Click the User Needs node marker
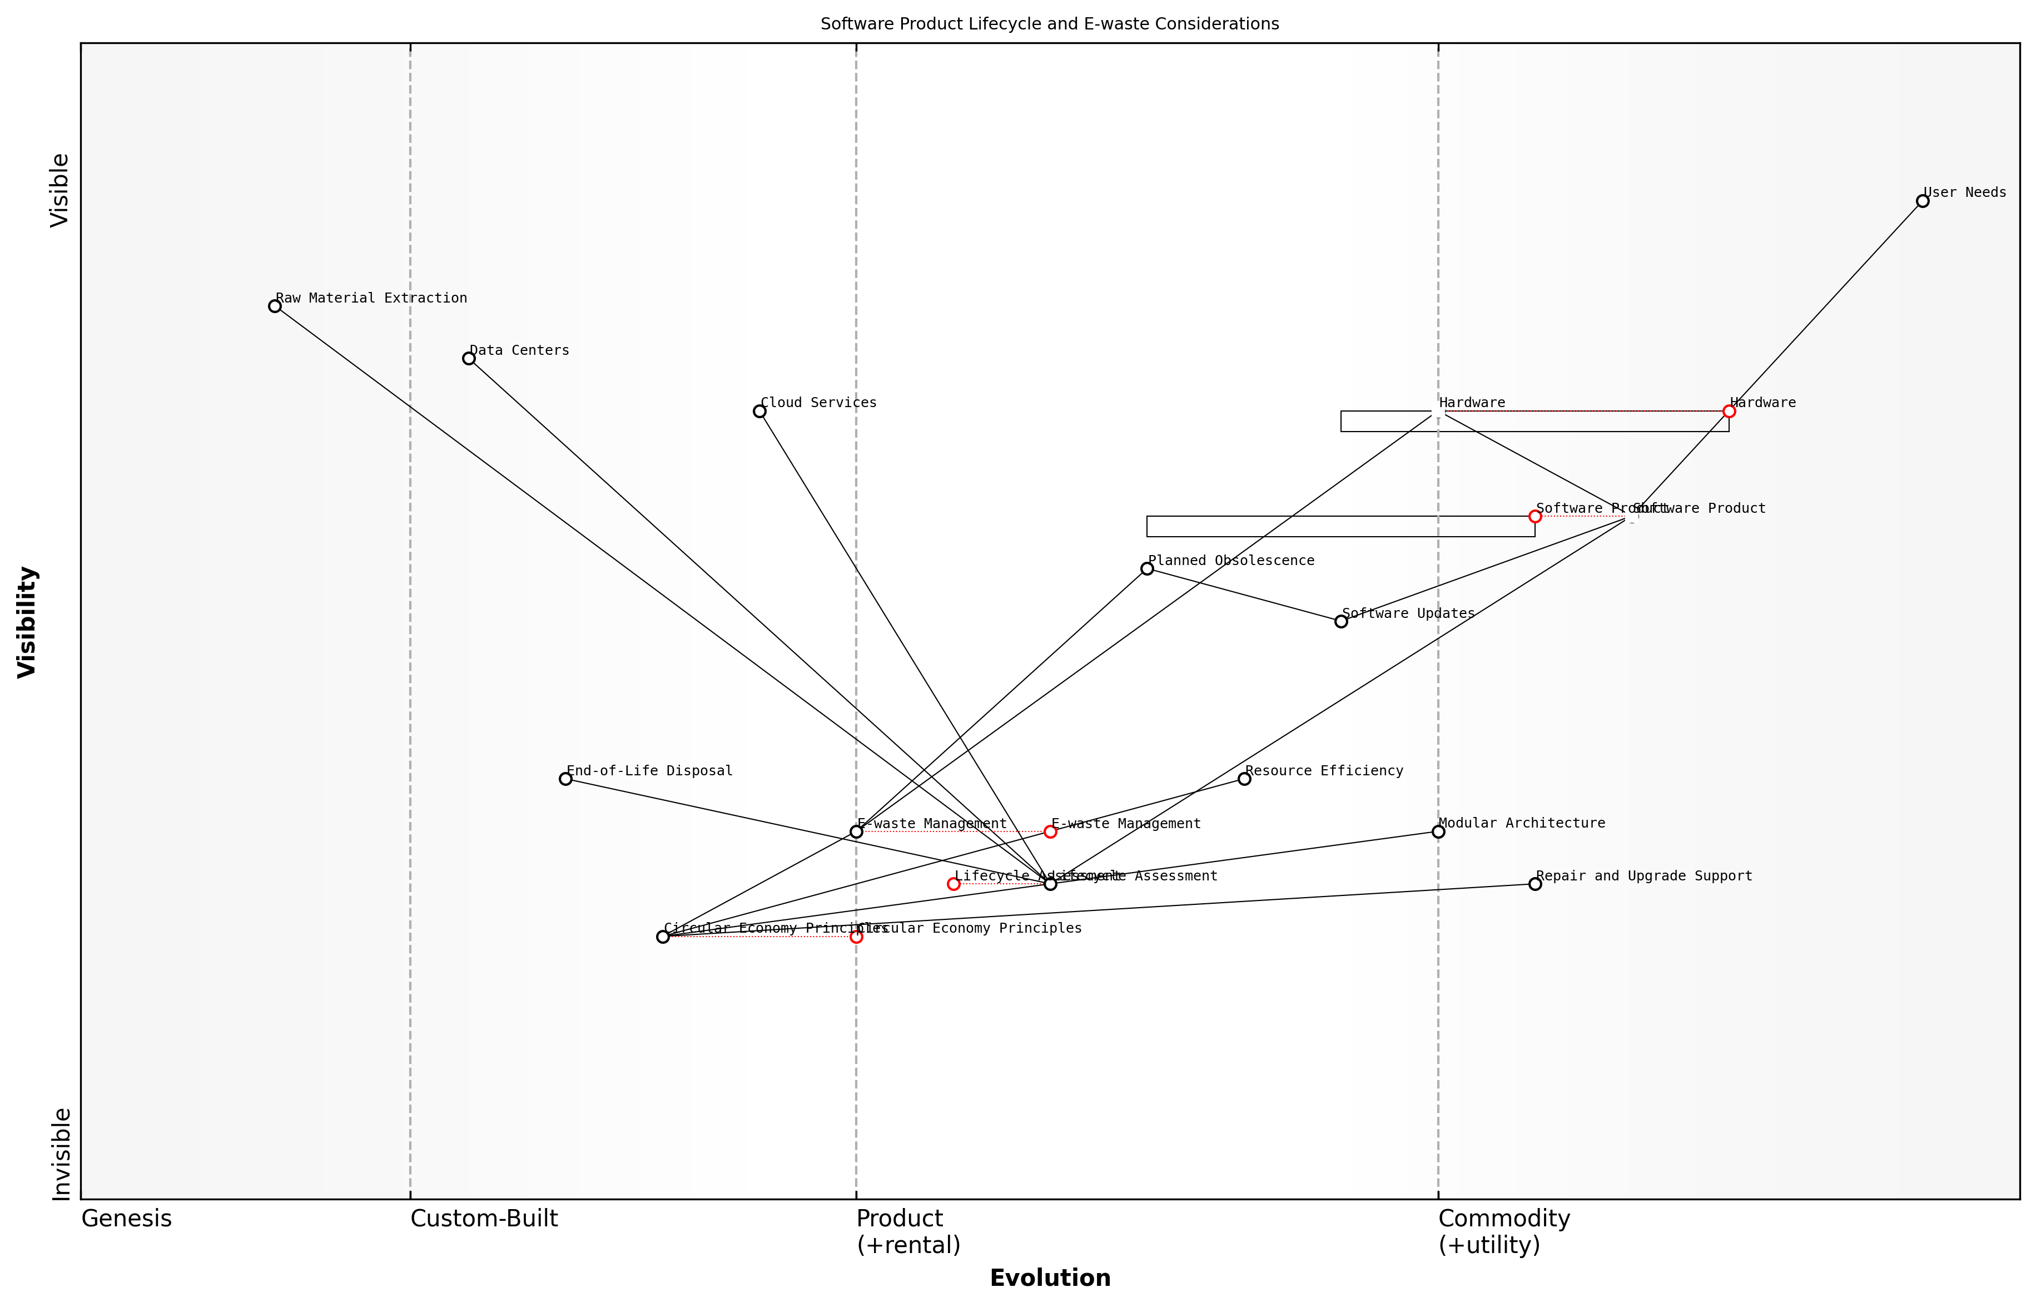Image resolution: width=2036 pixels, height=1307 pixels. tap(1923, 201)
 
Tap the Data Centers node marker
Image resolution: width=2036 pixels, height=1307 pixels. tap(468, 359)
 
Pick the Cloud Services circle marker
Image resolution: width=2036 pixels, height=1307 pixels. tap(759, 412)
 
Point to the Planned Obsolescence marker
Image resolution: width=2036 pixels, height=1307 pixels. tap(1147, 568)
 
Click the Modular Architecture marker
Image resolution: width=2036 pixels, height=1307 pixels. tap(1438, 831)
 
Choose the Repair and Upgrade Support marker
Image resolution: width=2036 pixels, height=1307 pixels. tap(1535, 884)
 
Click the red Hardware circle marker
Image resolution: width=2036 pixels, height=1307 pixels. tap(1729, 412)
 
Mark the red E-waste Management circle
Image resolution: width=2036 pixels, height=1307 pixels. tap(1050, 831)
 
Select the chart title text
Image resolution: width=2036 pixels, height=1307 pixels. tap(1049, 24)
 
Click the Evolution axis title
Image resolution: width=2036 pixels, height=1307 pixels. tap(1049, 1278)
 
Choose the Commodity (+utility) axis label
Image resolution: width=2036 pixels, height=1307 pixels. tap(1503, 1231)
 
